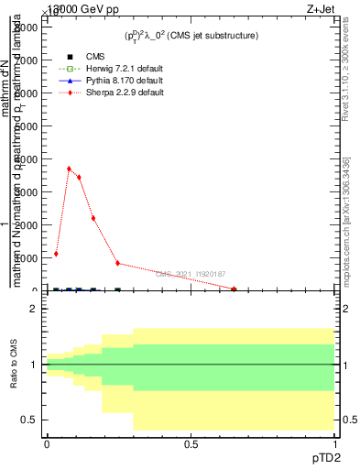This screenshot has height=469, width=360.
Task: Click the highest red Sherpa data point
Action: (x=69, y=169)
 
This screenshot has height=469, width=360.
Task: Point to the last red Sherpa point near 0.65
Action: (x=235, y=289)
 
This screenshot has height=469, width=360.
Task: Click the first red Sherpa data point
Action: (x=56, y=254)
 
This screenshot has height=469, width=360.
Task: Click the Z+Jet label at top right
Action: (x=334, y=7)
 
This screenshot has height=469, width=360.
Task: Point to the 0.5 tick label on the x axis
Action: (x=191, y=444)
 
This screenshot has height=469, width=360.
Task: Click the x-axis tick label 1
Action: (x=333, y=444)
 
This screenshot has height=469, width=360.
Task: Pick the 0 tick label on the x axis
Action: (x=47, y=444)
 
